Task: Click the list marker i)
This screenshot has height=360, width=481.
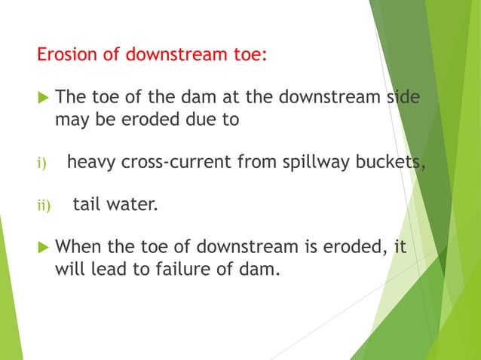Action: pyautogui.click(x=42, y=161)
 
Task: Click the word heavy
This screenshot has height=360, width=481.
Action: pyautogui.click(x=90, y=161)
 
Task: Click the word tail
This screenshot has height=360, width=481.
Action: pyautogui.click(x=87, y=203)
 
